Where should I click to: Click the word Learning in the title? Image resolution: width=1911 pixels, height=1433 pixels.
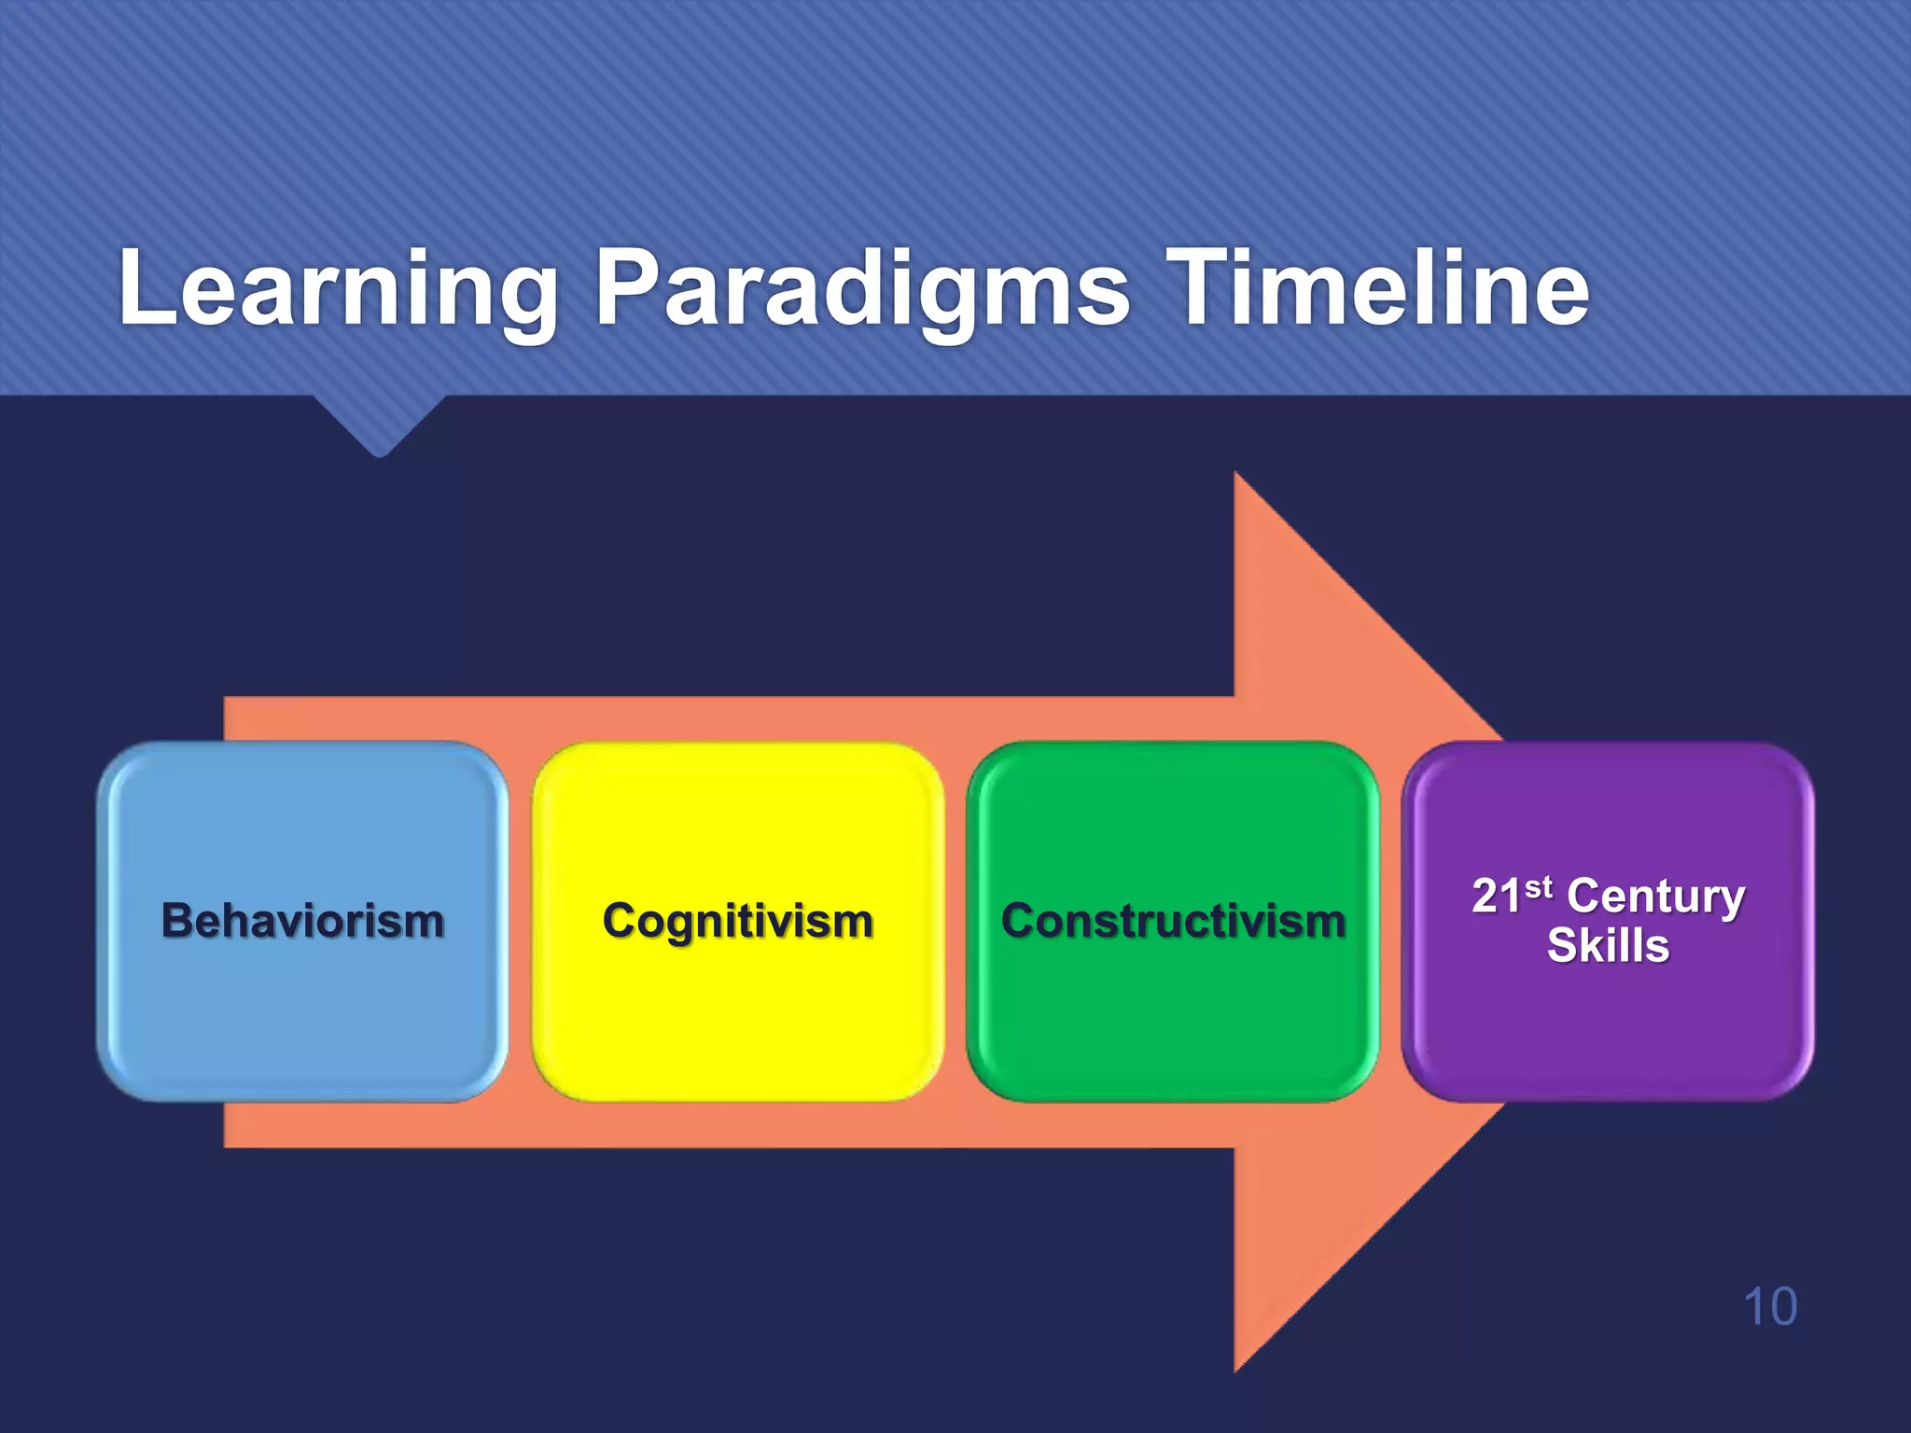point(338,289)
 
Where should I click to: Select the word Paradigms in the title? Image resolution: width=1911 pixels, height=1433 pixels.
point(862,289)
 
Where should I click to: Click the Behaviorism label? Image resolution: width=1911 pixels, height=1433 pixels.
point(302,921)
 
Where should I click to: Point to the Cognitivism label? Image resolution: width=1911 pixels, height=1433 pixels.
point(737,921)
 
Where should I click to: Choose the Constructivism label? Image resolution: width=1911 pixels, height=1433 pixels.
point(1173,921)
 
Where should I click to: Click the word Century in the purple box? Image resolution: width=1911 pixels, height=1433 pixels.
point(1655,897)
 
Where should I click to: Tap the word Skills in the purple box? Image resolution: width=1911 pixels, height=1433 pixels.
point(1608,945)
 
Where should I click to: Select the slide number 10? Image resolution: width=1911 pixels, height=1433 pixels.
point(1769,1306)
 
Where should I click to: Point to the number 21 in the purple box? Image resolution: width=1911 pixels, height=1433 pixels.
point(1497,897)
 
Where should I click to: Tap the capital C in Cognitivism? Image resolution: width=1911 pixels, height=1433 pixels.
point(620,921)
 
